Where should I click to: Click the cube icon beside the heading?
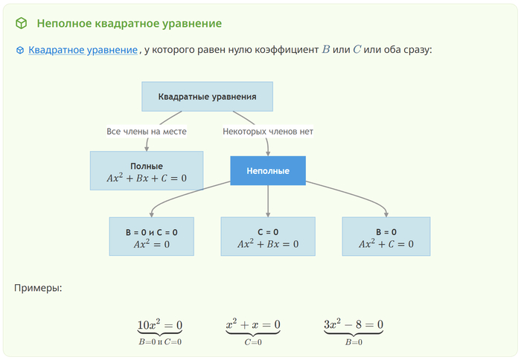[21, 24]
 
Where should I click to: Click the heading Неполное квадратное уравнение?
[129, 24]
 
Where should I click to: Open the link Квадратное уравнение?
[83, 50]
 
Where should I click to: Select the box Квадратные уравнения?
[207, 97]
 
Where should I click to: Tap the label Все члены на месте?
[147, 131]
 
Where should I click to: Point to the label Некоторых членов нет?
[268, 131]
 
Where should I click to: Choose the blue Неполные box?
[268, 171]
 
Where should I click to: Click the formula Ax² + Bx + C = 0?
[147, 179]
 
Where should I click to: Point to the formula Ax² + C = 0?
[386, 244]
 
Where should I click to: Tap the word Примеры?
[38, 287]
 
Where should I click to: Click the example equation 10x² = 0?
[160, 325]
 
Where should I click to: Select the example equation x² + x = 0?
[253, 325]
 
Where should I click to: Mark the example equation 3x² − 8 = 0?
[354, 325]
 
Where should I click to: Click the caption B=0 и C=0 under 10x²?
[160, 342]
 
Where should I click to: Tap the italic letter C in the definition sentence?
[357, 50]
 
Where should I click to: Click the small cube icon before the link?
[20, 51]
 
